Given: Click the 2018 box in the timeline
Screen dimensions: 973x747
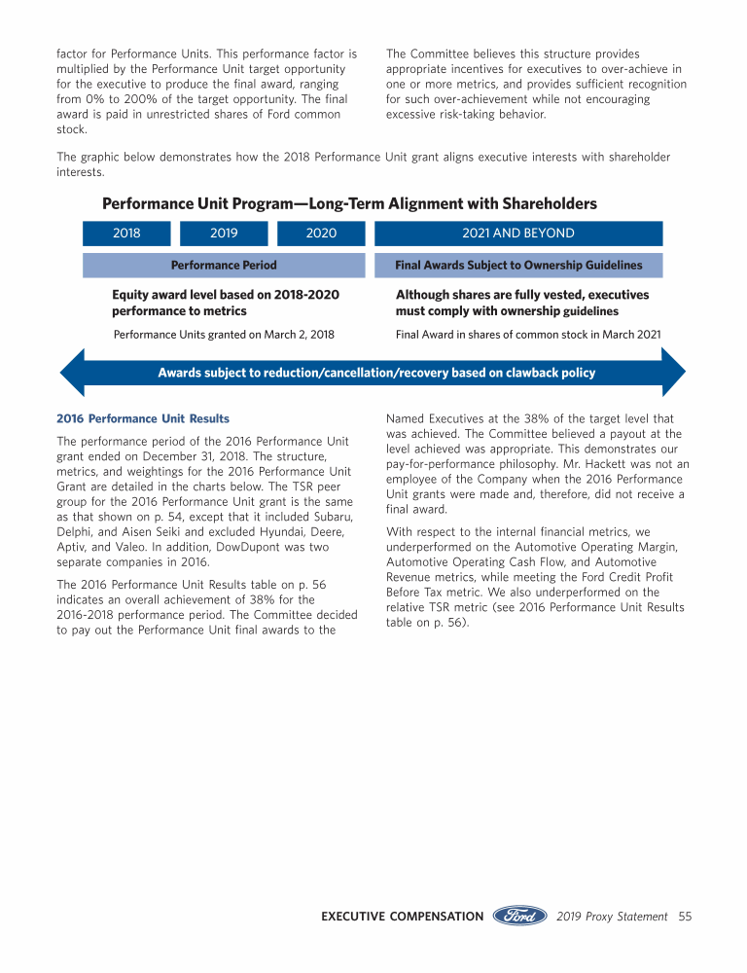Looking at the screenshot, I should (126, 234).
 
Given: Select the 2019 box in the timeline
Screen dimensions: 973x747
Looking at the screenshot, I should (224, 234).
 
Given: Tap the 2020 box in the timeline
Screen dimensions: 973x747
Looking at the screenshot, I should (321, 234).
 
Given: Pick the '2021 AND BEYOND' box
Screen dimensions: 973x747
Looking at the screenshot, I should (518, 234).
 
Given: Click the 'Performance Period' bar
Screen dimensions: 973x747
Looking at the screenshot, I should (224, 266).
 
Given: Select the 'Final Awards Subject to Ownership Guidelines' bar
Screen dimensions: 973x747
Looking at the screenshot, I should (518, 266).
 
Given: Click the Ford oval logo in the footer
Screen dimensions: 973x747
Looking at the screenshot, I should (520, 916).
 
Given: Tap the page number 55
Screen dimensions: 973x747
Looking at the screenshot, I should (685, 917).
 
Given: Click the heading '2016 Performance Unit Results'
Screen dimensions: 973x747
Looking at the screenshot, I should (144, 418).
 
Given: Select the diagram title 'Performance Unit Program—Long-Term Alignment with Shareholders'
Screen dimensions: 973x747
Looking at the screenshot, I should (349, 203).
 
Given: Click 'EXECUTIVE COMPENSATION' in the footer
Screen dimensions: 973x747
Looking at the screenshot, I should (402, 917).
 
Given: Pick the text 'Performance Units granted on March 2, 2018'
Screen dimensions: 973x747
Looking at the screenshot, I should (224, 335).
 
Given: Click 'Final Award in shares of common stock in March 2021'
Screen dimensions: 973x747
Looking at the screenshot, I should (528, 335).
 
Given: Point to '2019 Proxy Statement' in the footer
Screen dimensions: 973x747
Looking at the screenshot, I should (613, 917).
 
